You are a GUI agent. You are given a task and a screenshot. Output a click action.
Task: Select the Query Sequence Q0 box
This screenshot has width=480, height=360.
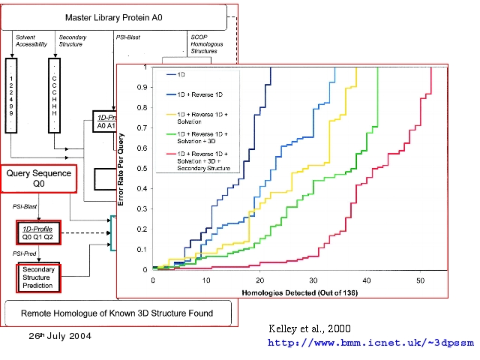[39, 178]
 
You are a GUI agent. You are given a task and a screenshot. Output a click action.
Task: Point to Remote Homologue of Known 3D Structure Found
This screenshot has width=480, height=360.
[116, 313]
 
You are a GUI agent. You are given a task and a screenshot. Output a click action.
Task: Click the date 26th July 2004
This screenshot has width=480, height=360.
[60, 335]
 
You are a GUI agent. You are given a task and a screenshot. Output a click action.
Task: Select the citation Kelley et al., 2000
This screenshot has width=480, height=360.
[309, 328]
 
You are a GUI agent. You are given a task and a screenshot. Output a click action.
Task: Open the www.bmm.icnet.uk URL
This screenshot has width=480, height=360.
[370, 343]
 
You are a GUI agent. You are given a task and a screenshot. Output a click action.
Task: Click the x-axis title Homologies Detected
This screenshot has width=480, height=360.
[289, 289]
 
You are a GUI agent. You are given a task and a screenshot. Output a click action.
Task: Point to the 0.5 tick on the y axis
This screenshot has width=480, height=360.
[145, 168]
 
